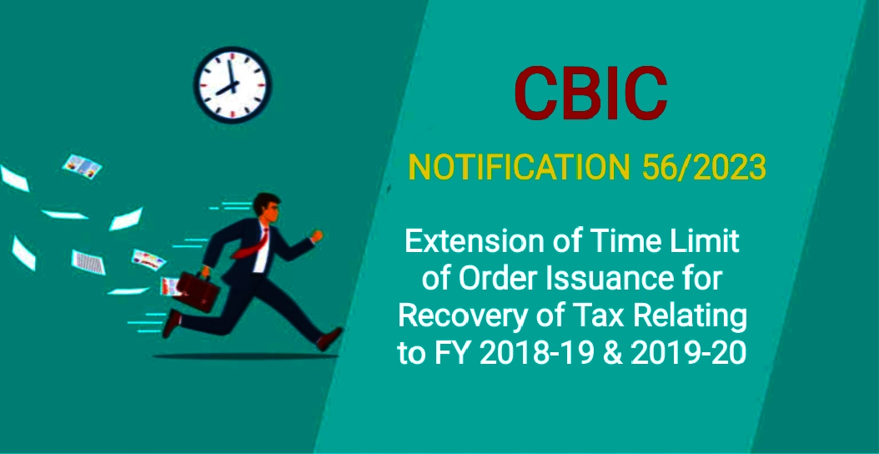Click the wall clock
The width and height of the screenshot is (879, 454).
(x=233, y=83)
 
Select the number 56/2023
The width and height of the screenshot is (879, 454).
(x=703, y=168)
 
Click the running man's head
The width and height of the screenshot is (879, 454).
(x=265, y=206)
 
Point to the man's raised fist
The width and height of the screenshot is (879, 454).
(x=317, y=236)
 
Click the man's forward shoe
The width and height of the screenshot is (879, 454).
(x=330, y=339)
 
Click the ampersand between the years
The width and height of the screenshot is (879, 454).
(x=614, y=353)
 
